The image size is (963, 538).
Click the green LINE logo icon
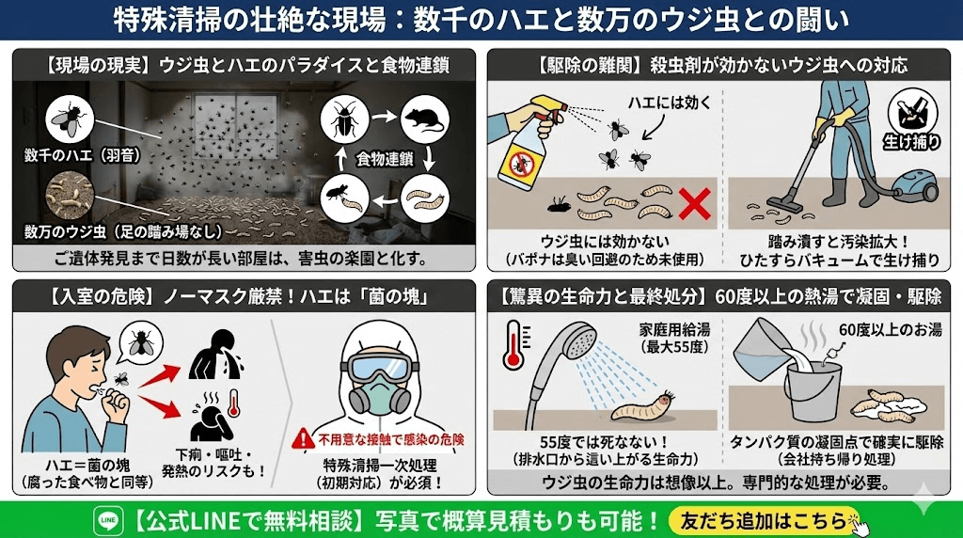(x=108, y=521)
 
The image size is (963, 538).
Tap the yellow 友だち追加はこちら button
(x=764, y=521)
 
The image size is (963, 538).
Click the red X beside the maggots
(x=695, y=204)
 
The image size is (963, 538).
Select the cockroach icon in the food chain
(x=344, y=119)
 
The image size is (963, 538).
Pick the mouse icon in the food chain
(x=425, y=119)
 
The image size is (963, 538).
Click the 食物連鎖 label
(x=385, y=159)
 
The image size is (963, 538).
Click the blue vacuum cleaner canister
(x=914, y=186)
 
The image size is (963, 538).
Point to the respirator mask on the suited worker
(x=381, y=393)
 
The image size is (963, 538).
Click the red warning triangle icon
(x=303, y=438)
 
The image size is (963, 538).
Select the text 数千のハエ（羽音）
(x=83, y=155)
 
